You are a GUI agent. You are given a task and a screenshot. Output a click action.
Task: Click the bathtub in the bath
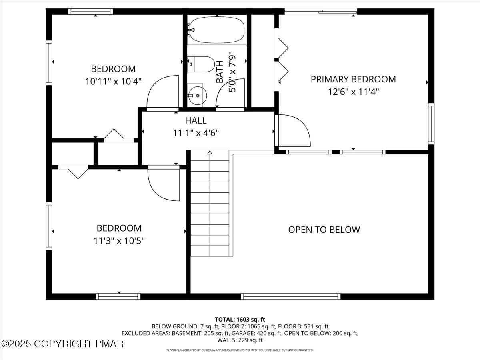tap(216, 29)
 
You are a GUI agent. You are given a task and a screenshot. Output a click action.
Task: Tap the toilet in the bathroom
tap(202, 64)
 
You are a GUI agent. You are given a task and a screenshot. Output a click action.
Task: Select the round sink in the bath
tap(196, 96)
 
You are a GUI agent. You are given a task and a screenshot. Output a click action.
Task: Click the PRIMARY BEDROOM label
tap(353, 79)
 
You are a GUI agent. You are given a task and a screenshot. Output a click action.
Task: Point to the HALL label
tap(196, 120)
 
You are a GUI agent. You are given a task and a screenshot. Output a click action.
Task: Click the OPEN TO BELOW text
tap(324, 230)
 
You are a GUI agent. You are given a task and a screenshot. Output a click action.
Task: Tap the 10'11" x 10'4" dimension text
tap(113, 82)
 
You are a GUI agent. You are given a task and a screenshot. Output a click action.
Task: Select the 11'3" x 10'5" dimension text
tap(119, 241)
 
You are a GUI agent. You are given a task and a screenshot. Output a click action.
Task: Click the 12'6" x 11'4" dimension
tap(353, 92)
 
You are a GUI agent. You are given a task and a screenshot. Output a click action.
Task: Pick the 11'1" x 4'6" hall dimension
tap(196, 133)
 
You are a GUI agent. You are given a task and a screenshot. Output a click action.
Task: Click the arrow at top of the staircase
tap(210, 152)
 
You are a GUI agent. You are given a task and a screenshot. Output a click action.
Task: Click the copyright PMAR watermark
tap(62, 344)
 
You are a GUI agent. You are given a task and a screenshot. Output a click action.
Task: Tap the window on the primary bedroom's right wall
tap(431, 124)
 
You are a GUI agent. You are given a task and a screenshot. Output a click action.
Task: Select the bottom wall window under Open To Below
tap(291, 296)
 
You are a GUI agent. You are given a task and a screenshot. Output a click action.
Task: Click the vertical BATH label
tap(220, 72)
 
